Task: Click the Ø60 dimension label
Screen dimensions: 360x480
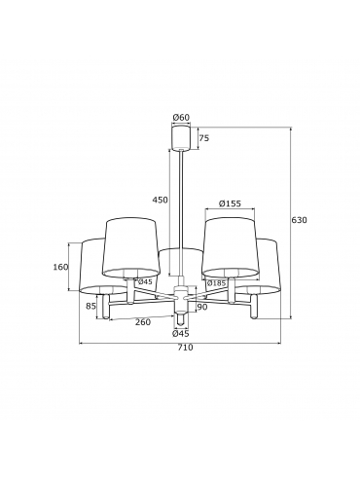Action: pos(181,118)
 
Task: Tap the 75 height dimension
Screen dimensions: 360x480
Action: pos(204,138)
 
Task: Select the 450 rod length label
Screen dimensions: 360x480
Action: pos(161,200)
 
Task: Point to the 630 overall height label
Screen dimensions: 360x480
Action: pos(299,220)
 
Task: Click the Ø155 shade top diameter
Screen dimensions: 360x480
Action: pos(230,203)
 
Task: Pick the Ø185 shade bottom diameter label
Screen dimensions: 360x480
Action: pos(216,283)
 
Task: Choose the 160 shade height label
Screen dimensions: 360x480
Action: pos(60,267)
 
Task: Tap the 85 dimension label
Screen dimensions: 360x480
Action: pos(90,306)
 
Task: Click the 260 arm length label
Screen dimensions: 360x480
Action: pos(143,322)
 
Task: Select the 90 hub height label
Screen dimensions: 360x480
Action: pos(202,307)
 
